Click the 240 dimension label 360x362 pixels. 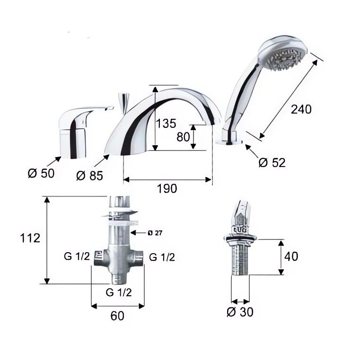[x=301, y=109]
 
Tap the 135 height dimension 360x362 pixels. [x=166, y=124]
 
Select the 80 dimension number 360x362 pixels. [x=183, y=137]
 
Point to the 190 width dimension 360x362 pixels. [x=167, y=188]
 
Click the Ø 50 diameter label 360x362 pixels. [x=41, y=173]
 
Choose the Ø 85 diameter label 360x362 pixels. [x=89, y=176]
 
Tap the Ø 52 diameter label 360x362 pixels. [x=272, y=162]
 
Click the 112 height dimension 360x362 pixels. [x=30, y=238]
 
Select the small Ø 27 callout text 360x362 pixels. [x=155, y=233]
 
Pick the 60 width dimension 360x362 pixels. [x=117, y=316]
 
